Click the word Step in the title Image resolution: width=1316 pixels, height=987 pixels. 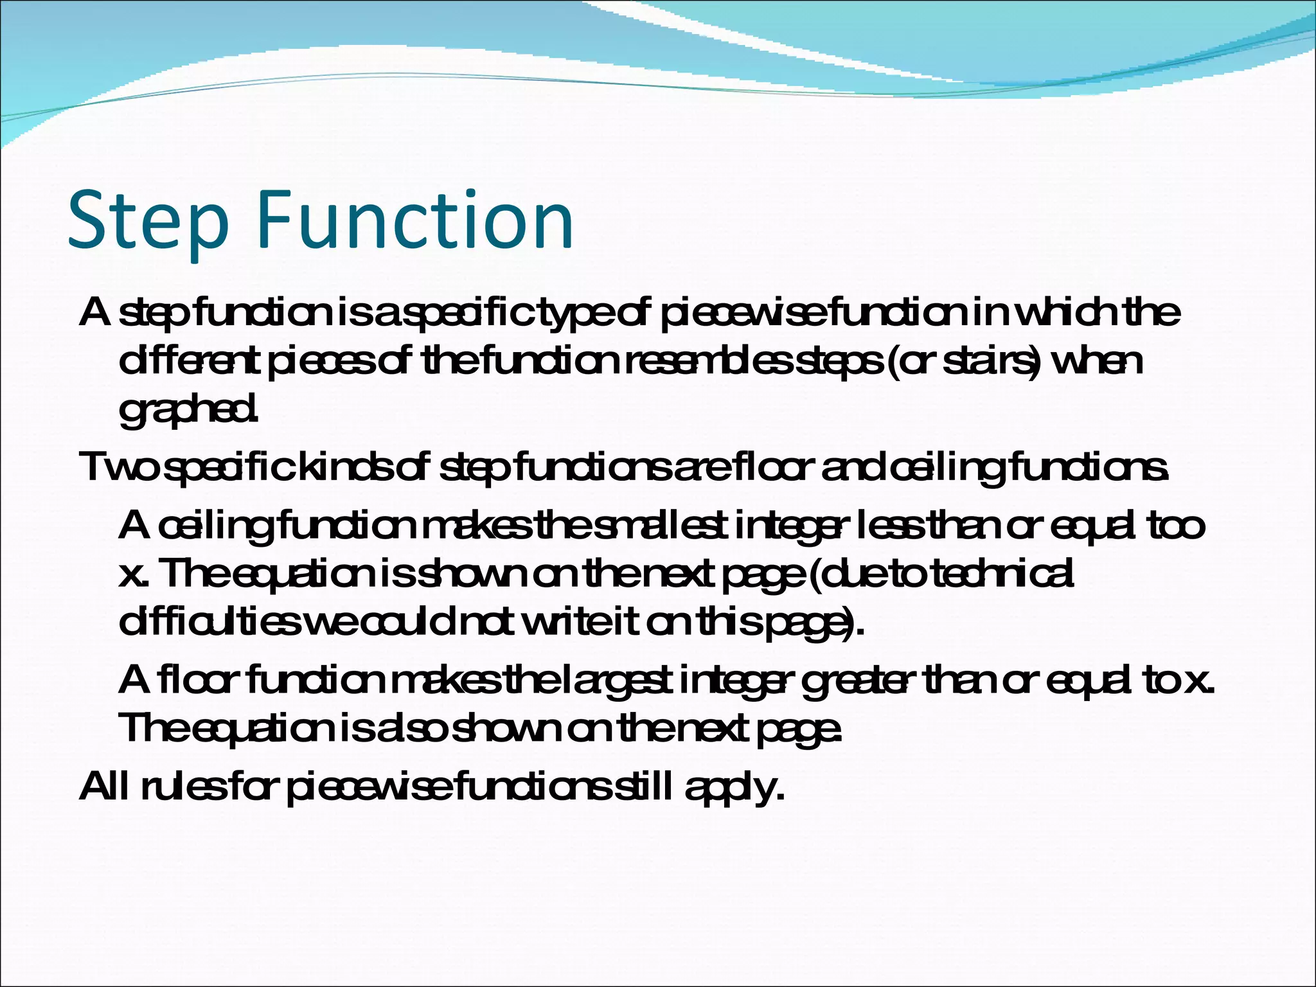tap(148, 220)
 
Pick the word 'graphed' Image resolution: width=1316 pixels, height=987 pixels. tap(187, 409)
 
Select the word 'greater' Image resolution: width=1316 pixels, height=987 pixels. tap(857, 680)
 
